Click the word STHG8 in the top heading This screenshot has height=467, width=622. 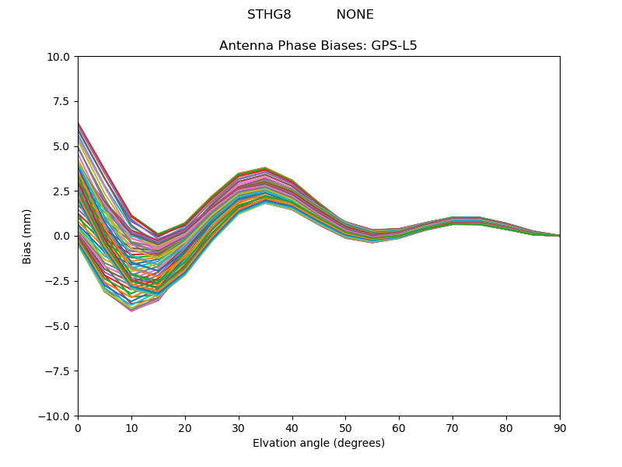click(269, 15)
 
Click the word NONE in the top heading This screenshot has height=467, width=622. click(355, 15)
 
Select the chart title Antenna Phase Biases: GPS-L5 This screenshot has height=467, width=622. click(318, 46)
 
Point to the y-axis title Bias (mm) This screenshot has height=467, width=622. click(27, 236)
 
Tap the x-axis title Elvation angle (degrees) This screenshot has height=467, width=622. click(318, 444)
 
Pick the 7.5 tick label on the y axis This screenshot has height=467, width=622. click(62, 102)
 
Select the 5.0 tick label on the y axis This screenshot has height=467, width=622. click(62, 146)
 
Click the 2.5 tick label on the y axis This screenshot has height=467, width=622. click(62, 191)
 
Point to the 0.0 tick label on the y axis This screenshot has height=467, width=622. click(62, 237)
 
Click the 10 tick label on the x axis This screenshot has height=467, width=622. click(131, 427)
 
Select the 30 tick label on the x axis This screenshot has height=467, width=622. click(239, 427)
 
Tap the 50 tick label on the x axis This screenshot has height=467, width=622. click(345, 427)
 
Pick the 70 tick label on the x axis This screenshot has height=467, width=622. click(453, 427)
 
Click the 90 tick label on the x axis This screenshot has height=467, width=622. click(559, 427)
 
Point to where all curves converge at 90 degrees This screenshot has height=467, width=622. click(559, 236)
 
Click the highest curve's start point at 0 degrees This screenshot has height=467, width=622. click(79, 123)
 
